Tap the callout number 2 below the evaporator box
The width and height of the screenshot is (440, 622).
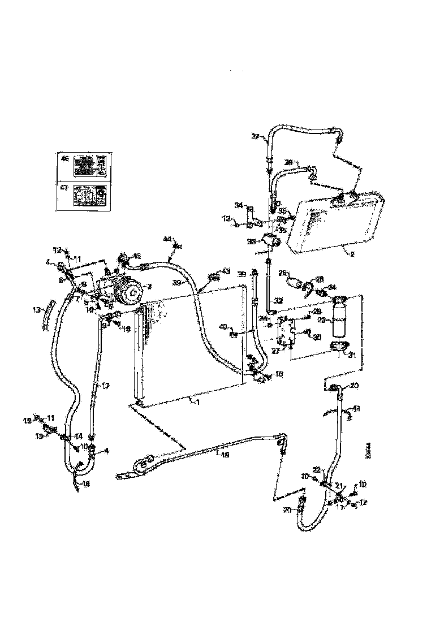tap(352, 254)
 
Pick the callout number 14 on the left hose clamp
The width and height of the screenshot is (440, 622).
tap(78, 437)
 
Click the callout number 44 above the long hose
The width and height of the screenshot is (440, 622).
tap(167, 240)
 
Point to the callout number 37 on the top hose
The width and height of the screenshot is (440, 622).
tap(256, 137)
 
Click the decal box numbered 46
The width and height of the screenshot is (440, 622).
tap(84, 166)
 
